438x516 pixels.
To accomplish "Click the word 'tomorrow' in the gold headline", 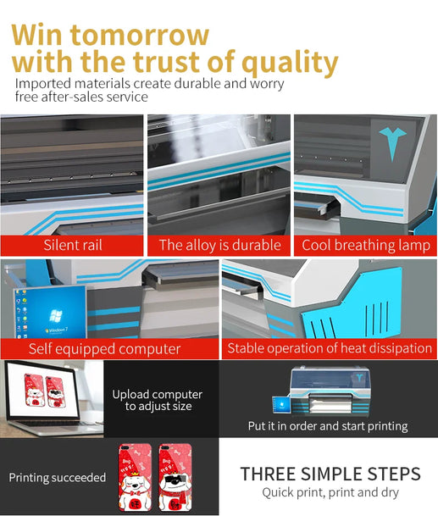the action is point(140,35).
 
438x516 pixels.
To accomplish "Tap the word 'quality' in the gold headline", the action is point(290,63).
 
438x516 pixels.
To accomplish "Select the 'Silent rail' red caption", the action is point(73,245).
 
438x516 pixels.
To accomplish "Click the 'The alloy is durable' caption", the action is point(219,245).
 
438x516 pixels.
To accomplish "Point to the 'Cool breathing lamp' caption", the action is point(366,246).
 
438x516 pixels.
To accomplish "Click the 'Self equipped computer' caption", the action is point(105,349).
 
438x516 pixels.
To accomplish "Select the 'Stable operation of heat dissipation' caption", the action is point(330,348).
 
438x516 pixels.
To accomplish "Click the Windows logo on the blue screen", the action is point(54,315).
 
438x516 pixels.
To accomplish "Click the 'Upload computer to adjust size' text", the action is point(158,400).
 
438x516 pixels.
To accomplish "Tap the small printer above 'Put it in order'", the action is point(321,391).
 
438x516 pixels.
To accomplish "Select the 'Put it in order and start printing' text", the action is point(328,426).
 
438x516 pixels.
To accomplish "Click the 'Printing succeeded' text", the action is point(58,478).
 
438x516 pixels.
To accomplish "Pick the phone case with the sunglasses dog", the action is point(175,478).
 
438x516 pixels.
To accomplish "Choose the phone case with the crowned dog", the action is point(135,478).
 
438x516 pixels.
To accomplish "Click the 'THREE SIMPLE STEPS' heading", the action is point(330,474).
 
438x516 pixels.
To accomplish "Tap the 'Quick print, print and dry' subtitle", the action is point(330,493).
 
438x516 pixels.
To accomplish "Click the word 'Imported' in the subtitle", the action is point(43,84).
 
